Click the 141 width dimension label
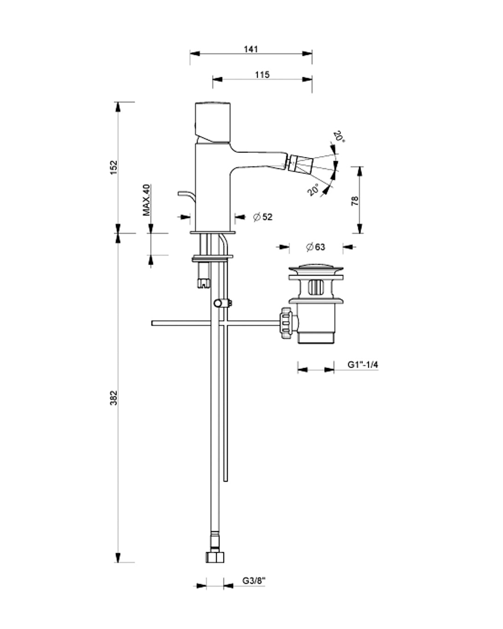click(x=251, y=49)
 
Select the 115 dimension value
click(x=262, y=75)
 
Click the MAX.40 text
click(x=147, y=200)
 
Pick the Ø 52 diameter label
click(x=263, y=217)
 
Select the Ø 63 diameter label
click(x=315, y=247)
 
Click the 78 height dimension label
click(x=355, y=201)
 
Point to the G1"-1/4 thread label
click(x=362, y=365)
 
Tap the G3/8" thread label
click(x=254, y=581)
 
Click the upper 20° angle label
click(x=339, y=137)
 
